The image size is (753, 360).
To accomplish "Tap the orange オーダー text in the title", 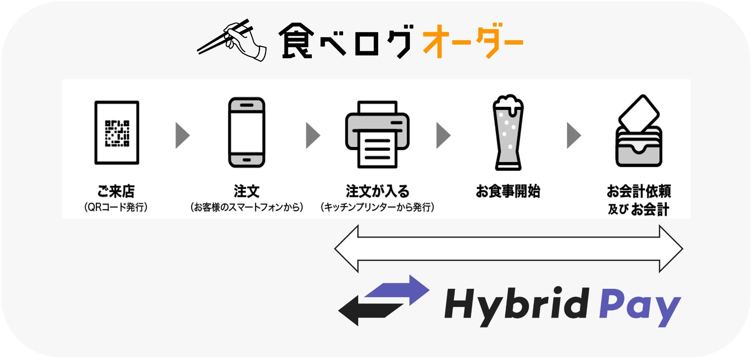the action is (x=473, y=41).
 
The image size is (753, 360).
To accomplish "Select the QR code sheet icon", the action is (x=117, y=133).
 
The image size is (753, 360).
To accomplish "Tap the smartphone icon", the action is (x=246, y=133).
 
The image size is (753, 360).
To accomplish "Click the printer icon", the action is (x=377, y=134).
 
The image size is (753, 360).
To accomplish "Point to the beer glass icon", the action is (x=508, y=133).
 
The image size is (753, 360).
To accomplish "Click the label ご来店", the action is (x=116, y=191).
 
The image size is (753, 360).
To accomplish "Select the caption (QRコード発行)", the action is (x=116, y=207).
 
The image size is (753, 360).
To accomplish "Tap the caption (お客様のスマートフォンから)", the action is (x=246, y=207).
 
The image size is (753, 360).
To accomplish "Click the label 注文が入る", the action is (x=377, y=191).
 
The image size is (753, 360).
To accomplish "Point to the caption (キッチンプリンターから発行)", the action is (x=377, y=207).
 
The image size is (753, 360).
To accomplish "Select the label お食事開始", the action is (x=508, y=191).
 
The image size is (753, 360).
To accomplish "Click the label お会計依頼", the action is (x=639, y=191).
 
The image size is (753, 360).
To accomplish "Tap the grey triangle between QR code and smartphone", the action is (x=182, y=135).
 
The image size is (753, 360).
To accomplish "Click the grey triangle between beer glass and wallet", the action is (x=573, y=135).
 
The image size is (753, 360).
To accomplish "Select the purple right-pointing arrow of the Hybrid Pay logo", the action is (x=400, y=289).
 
